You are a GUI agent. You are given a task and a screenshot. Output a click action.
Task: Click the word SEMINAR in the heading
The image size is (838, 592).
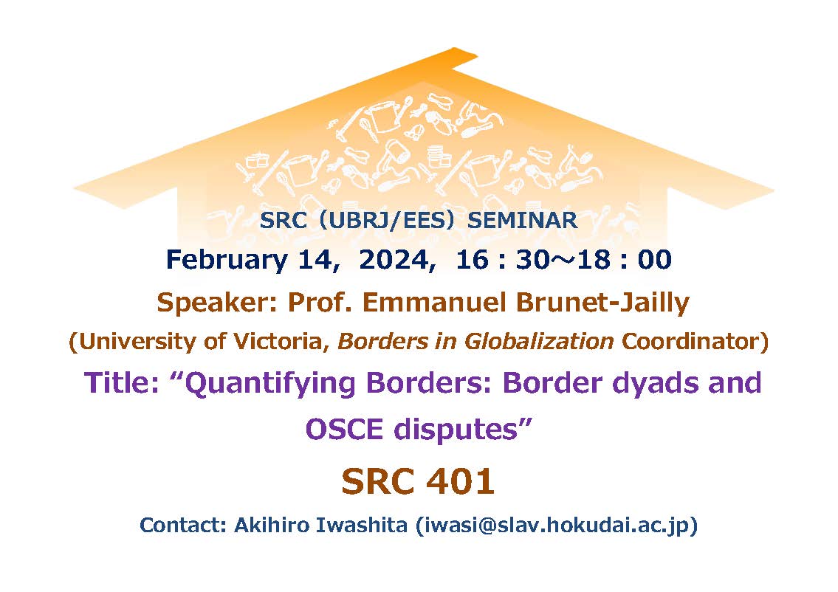tap(522, 220)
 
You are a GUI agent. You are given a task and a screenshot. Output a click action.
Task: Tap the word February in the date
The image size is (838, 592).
tap(227, 261)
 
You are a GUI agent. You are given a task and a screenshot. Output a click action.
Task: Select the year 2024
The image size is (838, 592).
tap(394, 261)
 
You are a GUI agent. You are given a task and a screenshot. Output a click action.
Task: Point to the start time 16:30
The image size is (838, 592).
tap(502, 261)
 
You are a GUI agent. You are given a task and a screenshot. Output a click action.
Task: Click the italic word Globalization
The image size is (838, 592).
tap(539, 341)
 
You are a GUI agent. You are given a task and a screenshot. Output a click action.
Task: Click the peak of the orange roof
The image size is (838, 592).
tap(454, 49)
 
